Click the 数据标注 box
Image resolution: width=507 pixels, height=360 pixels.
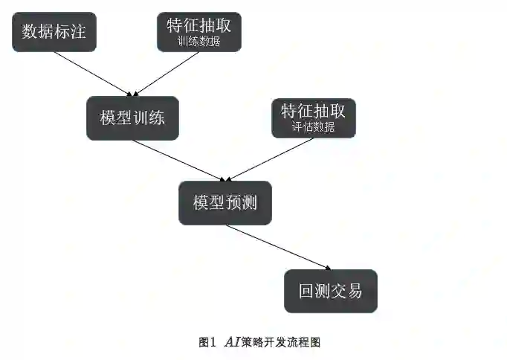pos(54,32)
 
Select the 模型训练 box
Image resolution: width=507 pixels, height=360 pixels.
pos(132,118)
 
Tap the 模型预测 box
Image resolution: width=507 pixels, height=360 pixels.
pos(225,202)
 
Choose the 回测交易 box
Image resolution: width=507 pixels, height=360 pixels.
pos(331,290)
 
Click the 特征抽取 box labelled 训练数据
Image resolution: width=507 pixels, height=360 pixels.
pos(199,32)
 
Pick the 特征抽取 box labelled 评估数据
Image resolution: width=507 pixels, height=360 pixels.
pos(313,118)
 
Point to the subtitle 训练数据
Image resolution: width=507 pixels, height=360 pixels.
pos(199,42)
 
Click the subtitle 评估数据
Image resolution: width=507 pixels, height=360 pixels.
pos(313,127)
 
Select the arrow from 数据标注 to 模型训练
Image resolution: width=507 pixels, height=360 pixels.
pos(93,73)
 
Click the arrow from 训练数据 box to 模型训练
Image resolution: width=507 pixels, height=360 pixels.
pos(167,73)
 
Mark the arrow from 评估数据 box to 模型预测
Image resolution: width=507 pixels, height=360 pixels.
pos(271,159)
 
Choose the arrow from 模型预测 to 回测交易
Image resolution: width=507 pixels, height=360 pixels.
pos(277,246)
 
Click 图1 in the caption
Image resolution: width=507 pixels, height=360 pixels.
pos(207,342)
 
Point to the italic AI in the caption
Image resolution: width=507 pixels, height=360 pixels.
pos(231,342)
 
